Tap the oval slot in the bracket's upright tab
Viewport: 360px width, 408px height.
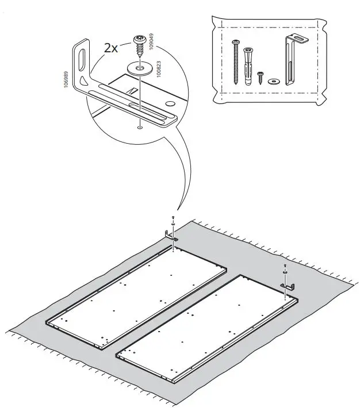click(82, 60)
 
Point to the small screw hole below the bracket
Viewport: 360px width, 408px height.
click(140, 128)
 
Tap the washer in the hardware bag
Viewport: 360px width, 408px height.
click(273, 80)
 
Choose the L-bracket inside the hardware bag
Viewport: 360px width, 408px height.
click(292, 60)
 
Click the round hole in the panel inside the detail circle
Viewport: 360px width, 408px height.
click(170, 103)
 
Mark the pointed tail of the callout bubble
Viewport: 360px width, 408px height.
click(178, 210)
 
